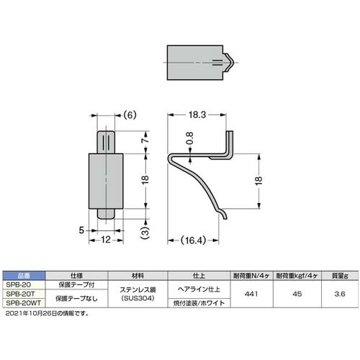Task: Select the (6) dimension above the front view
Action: tap(129, 114)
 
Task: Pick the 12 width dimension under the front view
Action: tap(106, 240)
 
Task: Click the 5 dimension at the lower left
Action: tap(84, 230)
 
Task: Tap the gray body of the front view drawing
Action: tap(106, 177)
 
